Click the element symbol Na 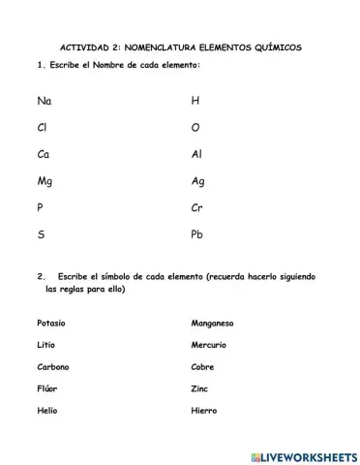coord(45,101)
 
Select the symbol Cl coord(43,127)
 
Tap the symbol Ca coord(44,154)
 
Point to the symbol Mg coord(45,181)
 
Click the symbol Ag coord(199,181)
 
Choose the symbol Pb coord(198,233)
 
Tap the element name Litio coord(47,345)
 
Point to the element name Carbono coord(53,367)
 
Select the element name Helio coord(47,411)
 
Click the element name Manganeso coord(214,323)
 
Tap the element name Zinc coord(200,388)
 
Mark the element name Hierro coord(205,411)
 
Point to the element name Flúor coord(47,388)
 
